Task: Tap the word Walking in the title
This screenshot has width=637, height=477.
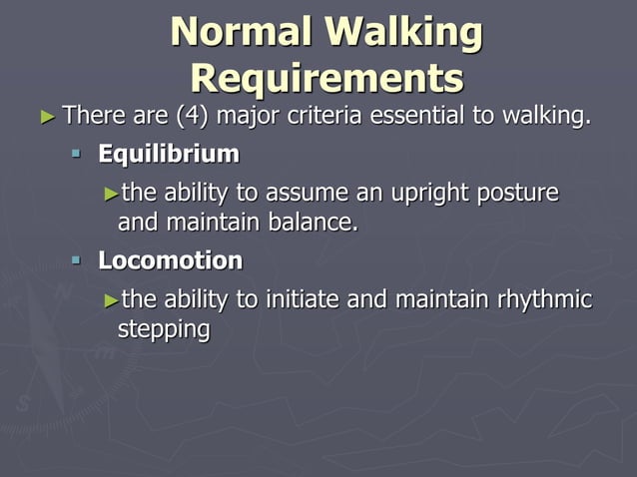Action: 407,33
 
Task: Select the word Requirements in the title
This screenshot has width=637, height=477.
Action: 326,78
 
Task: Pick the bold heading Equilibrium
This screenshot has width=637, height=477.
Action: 169,155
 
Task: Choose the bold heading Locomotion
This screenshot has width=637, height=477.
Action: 170,261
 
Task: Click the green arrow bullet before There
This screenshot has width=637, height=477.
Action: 46,117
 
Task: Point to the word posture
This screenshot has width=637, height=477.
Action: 519,193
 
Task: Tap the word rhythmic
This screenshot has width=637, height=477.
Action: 547,299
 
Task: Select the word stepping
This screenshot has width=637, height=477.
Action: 164,329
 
